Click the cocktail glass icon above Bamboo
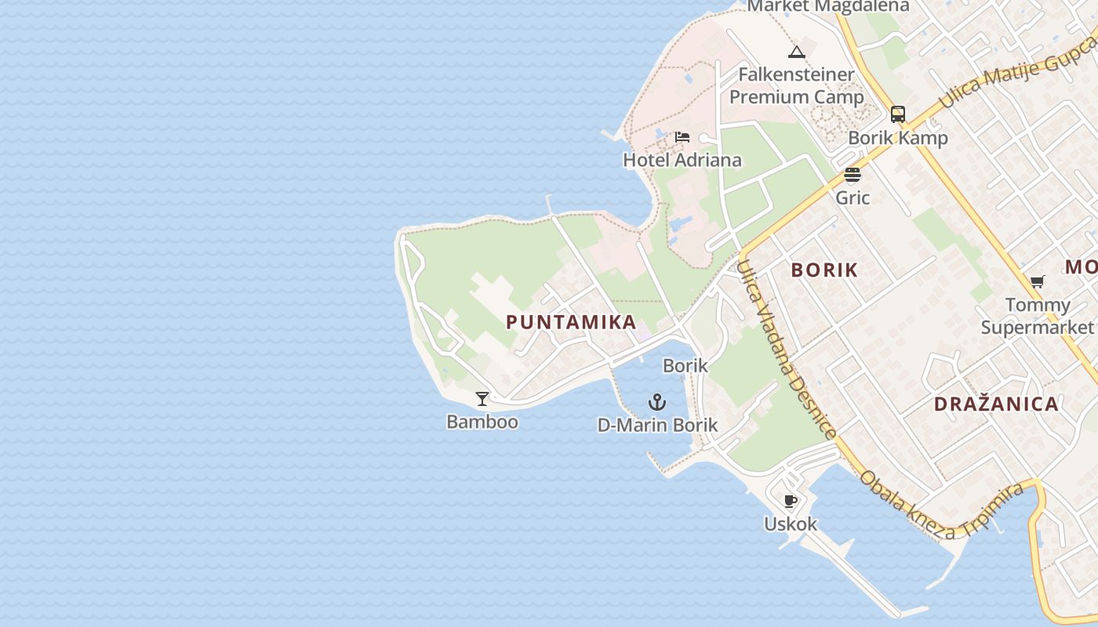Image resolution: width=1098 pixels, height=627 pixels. pos(482,399)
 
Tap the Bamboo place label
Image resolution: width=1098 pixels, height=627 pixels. pos(482,422)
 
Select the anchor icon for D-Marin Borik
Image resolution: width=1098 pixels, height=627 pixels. pos(657,403)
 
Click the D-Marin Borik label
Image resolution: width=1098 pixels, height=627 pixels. pos(657,426)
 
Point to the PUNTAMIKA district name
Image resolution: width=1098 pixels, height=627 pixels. pos(571,322)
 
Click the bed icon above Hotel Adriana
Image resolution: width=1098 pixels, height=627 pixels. pos(682,137)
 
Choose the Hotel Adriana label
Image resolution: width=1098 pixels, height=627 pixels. pos(682,160)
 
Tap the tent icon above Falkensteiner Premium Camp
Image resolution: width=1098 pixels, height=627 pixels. pos(797,53)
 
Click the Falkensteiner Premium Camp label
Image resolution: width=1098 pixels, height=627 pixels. pos(797,85)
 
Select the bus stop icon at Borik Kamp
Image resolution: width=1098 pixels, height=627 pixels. pos(898,114)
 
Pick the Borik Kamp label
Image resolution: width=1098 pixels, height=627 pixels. pos(898,138)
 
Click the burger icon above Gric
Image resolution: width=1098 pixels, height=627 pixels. pos(853,175)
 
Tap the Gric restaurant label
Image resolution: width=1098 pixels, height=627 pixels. pos(853,198)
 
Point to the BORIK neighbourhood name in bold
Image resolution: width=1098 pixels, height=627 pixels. pos(824,270)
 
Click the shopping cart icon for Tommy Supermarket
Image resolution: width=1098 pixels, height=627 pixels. pos(1038,281)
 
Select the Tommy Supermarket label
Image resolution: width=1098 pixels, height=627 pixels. pos(1038,316)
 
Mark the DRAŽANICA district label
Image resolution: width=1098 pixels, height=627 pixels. pos(996,404)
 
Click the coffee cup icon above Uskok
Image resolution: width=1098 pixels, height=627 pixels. pos(791,501)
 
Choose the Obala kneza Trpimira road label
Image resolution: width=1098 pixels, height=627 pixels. pos(941,506)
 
